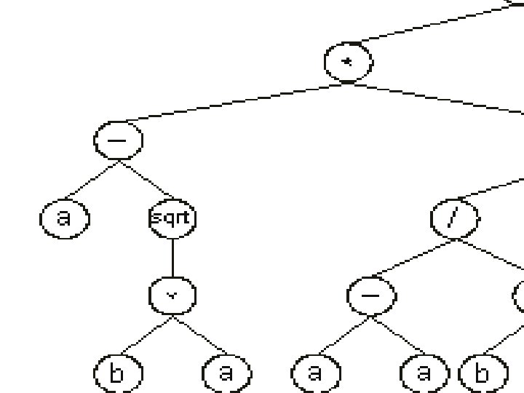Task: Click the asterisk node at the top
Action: tap(348, 62)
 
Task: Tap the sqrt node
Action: tap(172, 218)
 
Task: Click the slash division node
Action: tap(454, 218)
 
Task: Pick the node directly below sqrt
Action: tap(172, 295)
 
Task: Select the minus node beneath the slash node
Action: tap(371, 295)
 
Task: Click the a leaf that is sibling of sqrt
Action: tap(64, 218)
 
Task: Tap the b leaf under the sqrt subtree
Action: tap(118, 373)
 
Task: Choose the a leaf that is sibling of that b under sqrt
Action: tap(226, 373)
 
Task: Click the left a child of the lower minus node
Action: tap(314, 373)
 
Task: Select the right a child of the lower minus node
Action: tap(424, 373)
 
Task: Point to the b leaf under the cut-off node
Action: tap(482, 373)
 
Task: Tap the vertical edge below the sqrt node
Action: tap(172, 256)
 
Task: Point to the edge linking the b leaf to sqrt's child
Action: tap(145, 335)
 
